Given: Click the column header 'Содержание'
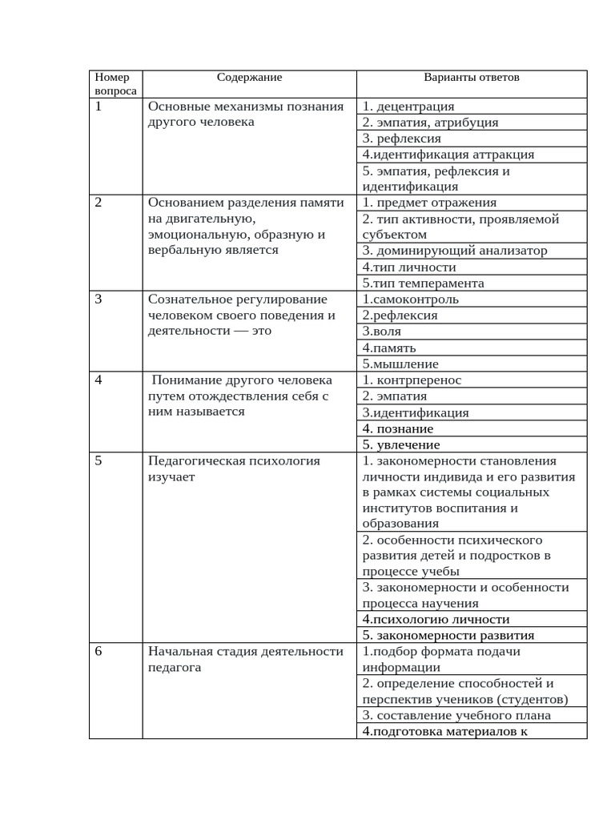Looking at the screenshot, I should (x=249, y=78).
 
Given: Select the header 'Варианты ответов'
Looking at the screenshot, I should (x=471, y=78).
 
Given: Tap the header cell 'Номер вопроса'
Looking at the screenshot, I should (x=111, y=84).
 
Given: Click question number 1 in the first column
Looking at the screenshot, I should (x=98, y=106).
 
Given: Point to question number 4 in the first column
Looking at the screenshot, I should (x=98, y=380).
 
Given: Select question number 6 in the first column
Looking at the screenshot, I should (x=98, y=651).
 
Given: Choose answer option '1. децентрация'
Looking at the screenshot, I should (x=408, y=107).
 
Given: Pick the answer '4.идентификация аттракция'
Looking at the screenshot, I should (x=448, y=155).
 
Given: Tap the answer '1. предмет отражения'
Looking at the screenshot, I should (x=429, y=203).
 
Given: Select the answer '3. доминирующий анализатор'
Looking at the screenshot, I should (x=454, y=251).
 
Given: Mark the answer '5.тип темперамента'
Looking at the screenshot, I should (x=423, y=283).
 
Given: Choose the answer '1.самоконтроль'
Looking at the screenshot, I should (x=410, y=299).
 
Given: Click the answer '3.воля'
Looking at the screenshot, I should (x=381, y=332).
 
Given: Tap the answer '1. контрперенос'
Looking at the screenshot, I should (x=412, y=380).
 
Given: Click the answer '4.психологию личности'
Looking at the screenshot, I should (x=436, y=620).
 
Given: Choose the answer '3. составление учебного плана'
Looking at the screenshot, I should (x=456, y=716).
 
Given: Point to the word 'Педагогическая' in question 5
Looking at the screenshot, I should (x=191, y=460).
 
